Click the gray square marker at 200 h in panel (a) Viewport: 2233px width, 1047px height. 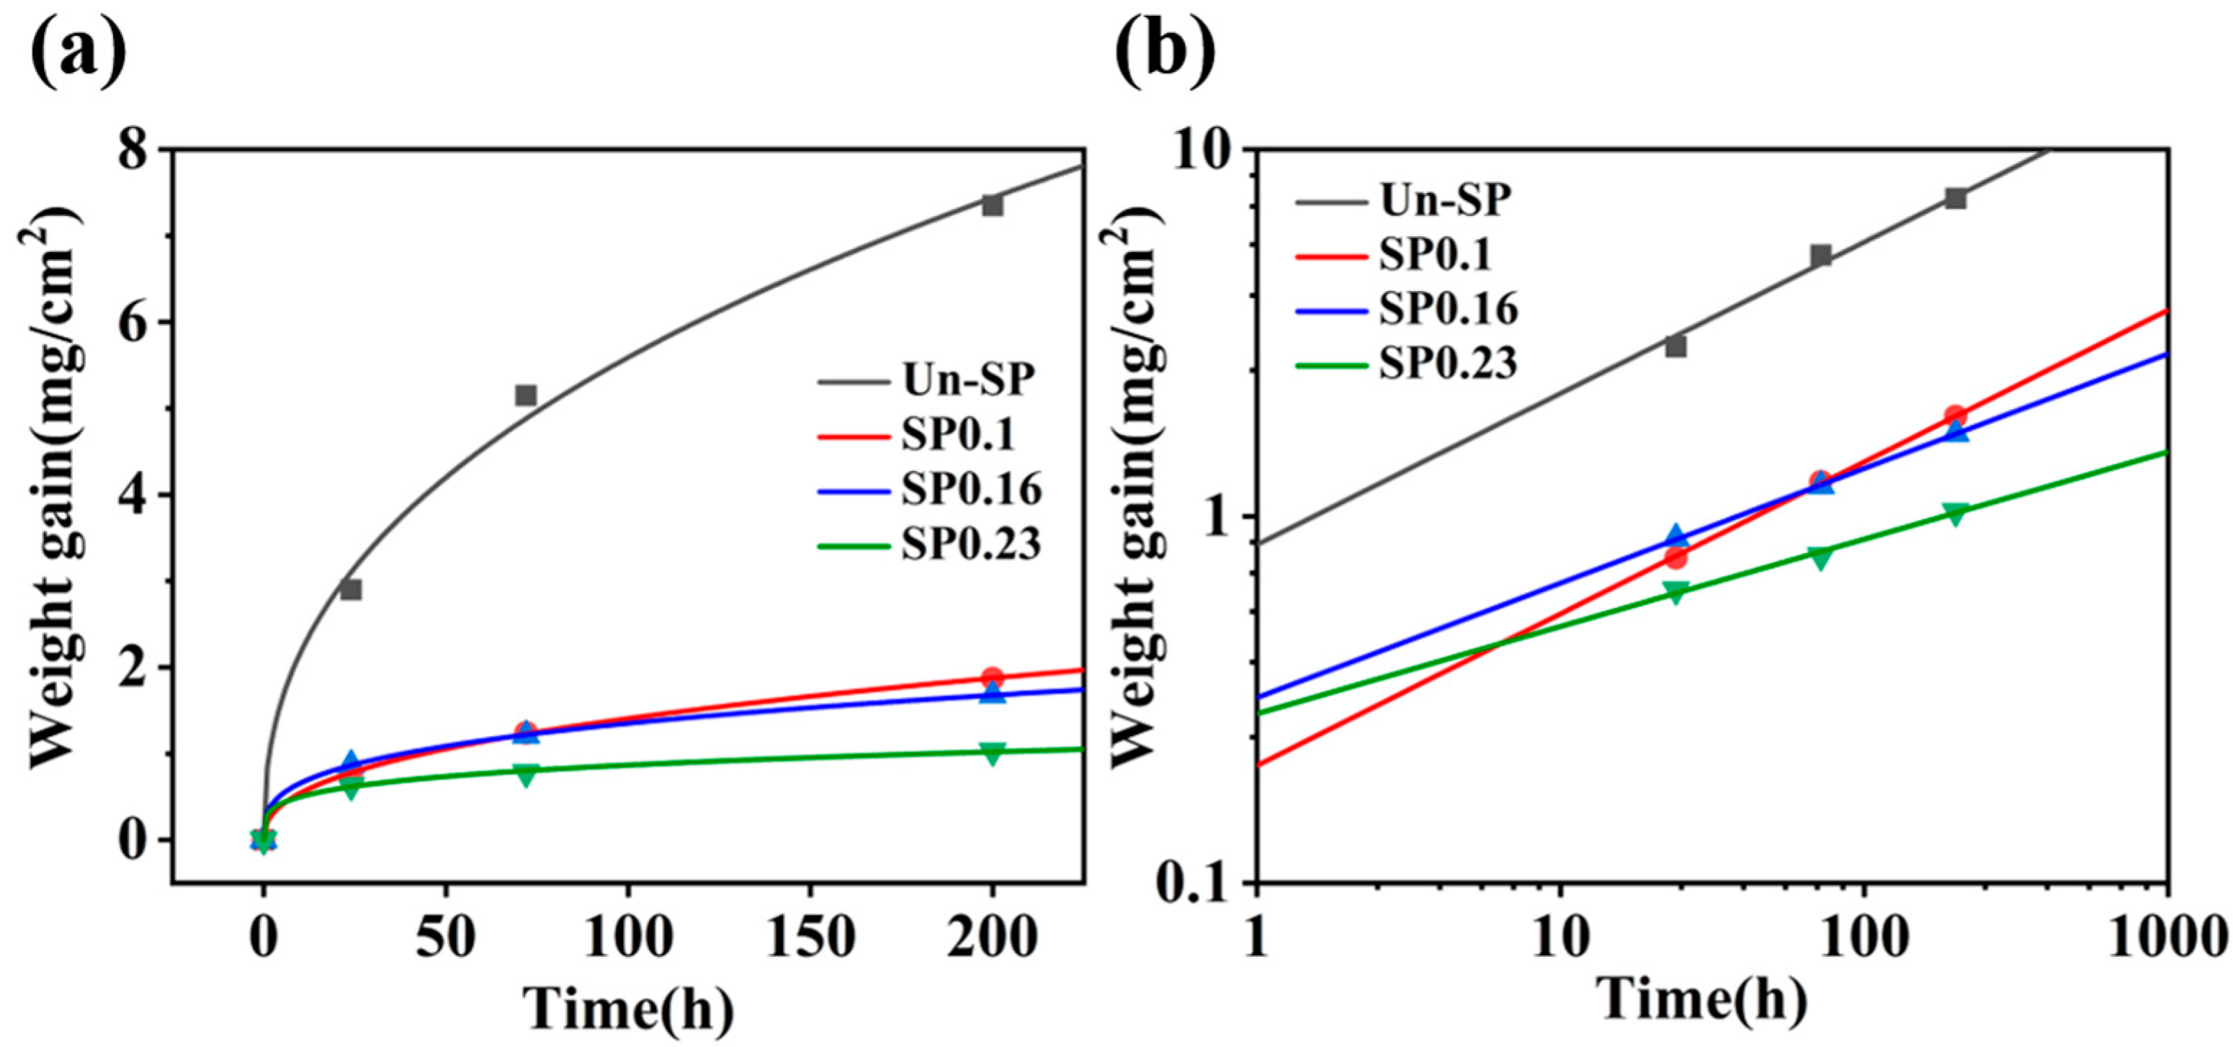point(993,205)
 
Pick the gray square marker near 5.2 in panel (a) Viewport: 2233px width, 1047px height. point(525,395)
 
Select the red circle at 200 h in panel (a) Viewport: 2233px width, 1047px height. point(993,678)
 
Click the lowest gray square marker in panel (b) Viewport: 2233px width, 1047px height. point(1675,346)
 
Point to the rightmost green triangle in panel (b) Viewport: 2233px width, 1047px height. point(1954,513)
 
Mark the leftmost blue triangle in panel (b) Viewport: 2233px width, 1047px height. point(1675,537)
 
